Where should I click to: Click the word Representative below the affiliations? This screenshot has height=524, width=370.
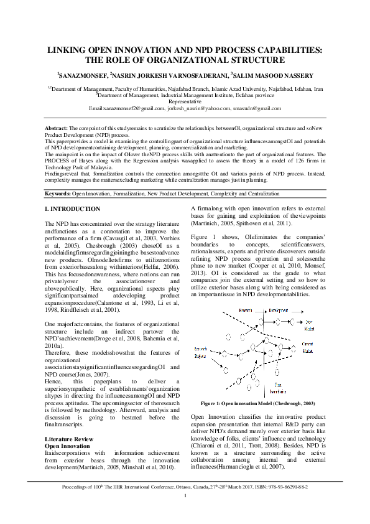tap(185, 101)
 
